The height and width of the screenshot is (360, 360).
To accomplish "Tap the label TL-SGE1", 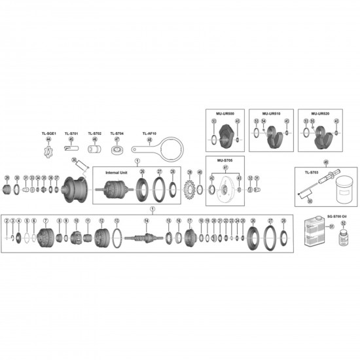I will (x=48, y=133).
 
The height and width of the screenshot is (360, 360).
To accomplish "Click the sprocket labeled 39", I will (x=190, y=185).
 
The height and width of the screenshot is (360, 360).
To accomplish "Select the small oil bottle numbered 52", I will (x=342, y=238).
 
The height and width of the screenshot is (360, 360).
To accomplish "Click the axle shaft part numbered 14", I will (x=146, y=237).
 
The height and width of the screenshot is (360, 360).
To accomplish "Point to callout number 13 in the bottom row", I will (x=117, y=221).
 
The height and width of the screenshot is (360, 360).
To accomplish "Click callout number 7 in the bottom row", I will (x=45, y=221).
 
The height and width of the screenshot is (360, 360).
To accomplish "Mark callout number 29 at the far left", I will (x=7, y=177).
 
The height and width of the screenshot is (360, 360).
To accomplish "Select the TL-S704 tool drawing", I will (x=118, y=151).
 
